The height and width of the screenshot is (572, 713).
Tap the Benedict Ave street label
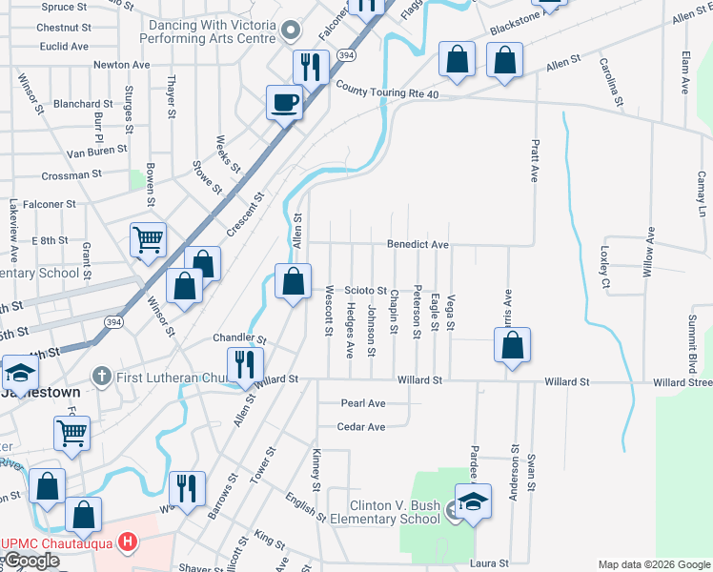[x=418, y=245]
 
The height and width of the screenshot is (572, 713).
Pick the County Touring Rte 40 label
[x=387, y=89]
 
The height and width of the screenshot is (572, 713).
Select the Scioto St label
[x=365, y=290]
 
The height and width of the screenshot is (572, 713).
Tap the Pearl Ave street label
[x=363, y=403]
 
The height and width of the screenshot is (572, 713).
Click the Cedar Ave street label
[x=361, y=426]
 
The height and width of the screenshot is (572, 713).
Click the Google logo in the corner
[x=31, y=561]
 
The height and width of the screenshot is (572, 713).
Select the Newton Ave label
[x=121, y=65]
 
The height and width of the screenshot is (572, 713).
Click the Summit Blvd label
[x=688, y=339]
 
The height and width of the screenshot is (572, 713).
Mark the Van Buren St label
[x=97, y=151]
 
